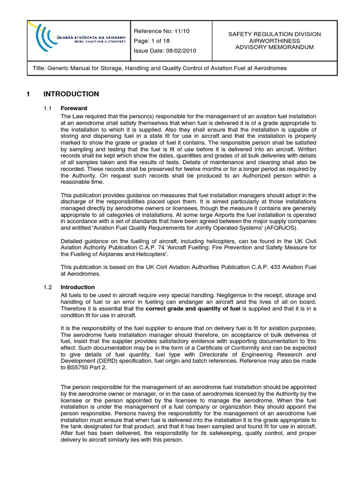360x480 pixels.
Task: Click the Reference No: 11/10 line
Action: [162, 31]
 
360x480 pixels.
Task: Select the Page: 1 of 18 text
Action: [153, 41]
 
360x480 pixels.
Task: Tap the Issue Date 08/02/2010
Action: [165, 51]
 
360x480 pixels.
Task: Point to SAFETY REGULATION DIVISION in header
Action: [274, 34]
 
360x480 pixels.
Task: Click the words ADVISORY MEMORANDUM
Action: [274, 47]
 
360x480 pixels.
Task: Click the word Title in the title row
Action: [40, 68]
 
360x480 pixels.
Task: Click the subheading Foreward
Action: [74, 108]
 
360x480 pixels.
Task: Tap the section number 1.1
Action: [47, 108]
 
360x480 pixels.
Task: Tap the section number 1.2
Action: [47, 287]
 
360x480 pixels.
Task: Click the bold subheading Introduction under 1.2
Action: [77, 287]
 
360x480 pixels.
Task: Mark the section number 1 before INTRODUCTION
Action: [29, 94]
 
